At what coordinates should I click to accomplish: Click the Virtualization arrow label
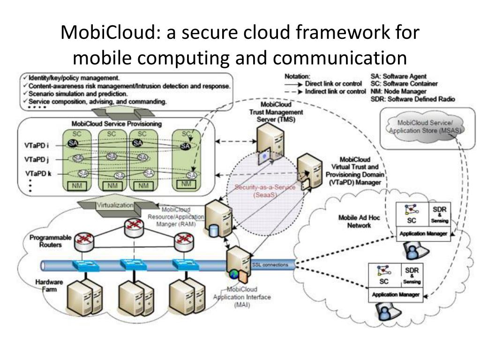pyautogui.click(x=115, y=205)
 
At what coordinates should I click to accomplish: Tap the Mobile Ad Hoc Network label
pyautogui.click(x=354, y=222)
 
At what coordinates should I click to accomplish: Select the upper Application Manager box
pyautogui.click(x=423, y=232)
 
